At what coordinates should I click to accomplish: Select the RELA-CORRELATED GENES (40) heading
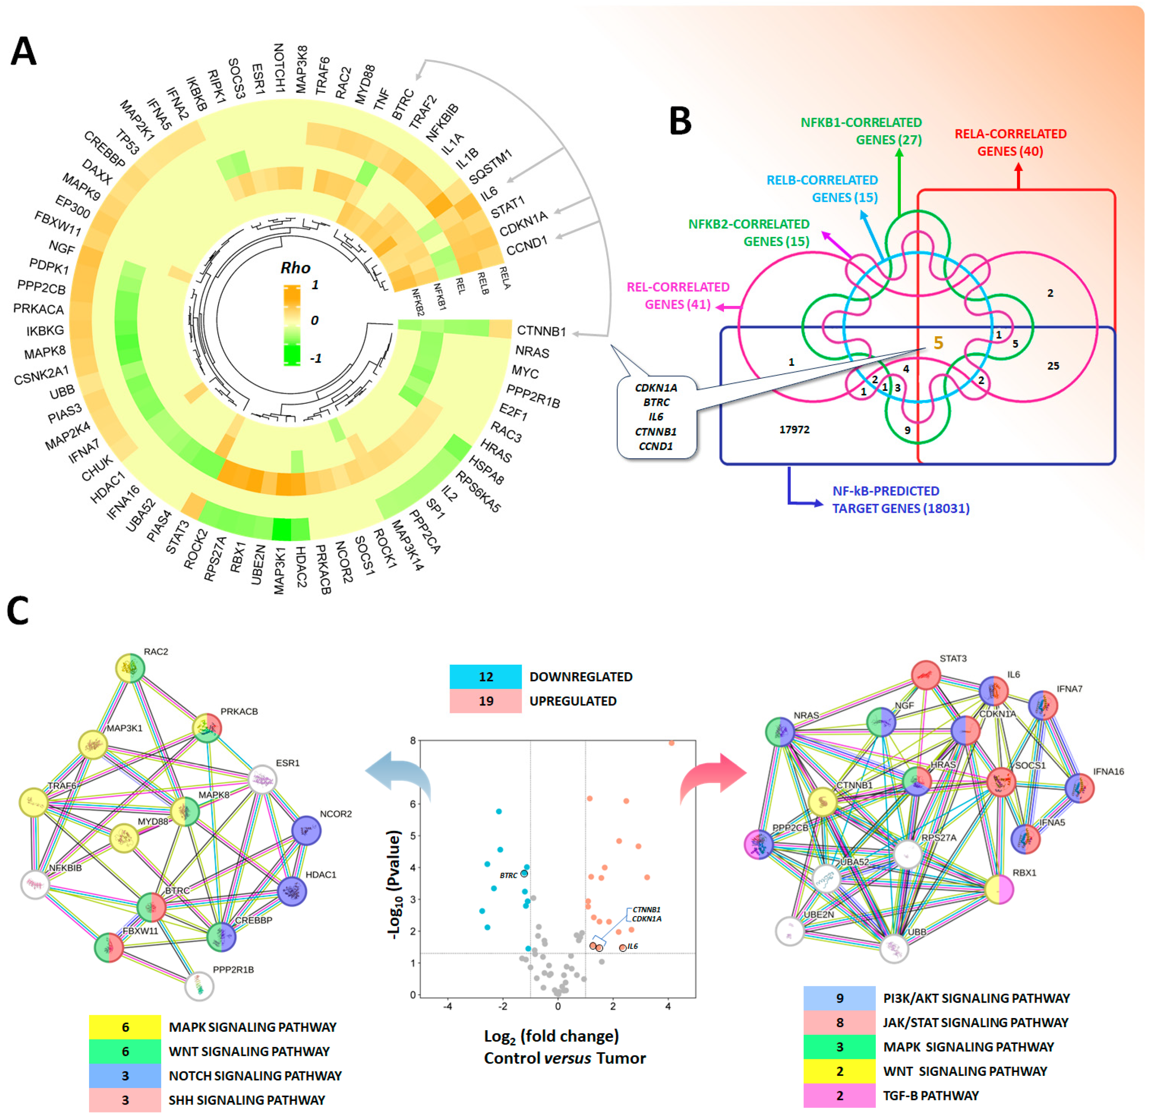click(1010, 142)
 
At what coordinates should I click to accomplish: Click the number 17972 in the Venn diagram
click(794, 430)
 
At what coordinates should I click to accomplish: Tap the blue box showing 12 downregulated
click(485, 676)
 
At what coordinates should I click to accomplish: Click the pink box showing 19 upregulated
click(485, 700)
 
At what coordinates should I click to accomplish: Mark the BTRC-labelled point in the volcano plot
click(524, 874)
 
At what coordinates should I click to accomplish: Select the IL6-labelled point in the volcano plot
click(623, 948)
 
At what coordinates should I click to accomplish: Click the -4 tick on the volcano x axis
click(448, 1006)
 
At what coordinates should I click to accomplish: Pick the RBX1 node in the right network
click(999, 889)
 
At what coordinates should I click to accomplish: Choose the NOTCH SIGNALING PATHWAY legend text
click(255, 1075)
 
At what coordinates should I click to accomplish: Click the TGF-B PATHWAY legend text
click(930, 1095)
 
